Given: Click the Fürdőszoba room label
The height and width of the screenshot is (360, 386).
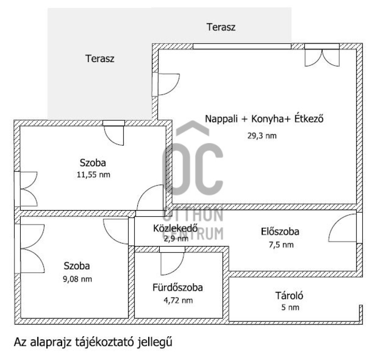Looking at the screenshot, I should click(x=178, y=288).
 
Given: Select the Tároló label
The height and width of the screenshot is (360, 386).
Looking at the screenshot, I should click(x=289, y=296).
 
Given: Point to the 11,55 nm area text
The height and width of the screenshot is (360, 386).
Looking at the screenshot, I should click(x=93, y=175).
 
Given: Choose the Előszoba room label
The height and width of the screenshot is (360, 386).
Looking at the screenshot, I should click(x=280, y=232).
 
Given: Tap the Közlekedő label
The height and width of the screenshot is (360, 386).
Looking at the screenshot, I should click(x=170, y=228).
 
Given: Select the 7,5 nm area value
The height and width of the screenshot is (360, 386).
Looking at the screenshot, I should click(x=280, y=245).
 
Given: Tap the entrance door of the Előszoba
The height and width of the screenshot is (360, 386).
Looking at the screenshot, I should click(x=343, y=228).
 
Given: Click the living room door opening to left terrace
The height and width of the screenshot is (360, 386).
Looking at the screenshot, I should click(x=166, y=84).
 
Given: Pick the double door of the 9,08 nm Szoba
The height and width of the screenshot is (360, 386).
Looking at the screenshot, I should click(x=30, y=248).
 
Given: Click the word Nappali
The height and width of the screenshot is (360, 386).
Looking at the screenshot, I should click(x=221, y=119).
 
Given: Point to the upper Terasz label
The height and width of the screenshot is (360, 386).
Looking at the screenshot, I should click(x=221, y=27).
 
